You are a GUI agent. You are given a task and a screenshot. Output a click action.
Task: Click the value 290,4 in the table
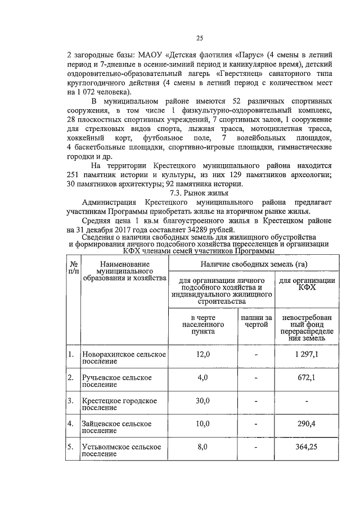point(308,423)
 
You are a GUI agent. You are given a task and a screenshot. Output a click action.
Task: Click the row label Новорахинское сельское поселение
point(123,358)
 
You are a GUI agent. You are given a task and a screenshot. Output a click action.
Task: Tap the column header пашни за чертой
point(256,322)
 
